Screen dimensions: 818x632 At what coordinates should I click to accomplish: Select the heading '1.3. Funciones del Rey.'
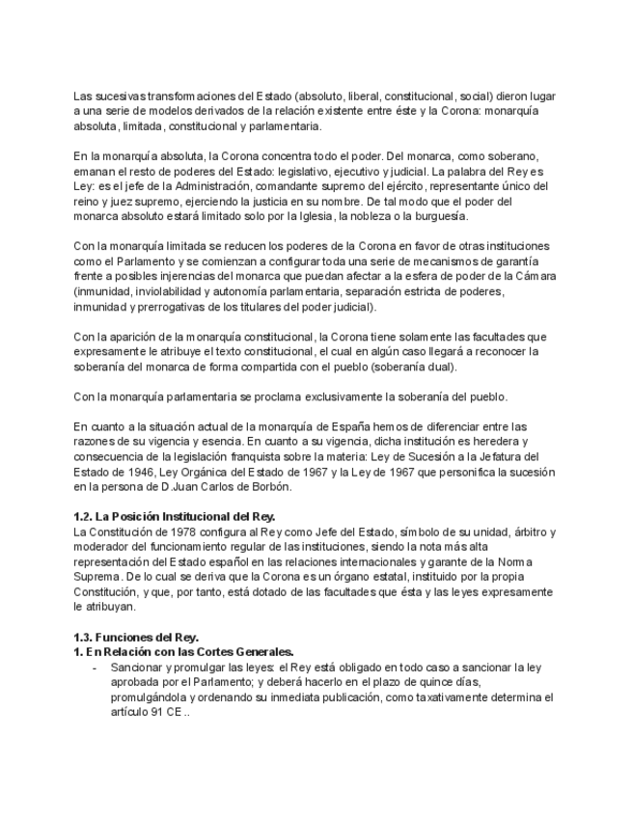coord(136,638)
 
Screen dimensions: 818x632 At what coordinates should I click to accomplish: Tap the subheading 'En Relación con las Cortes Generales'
coord(184,652)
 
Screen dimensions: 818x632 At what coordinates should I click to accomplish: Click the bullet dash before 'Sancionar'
coord(94,667)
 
